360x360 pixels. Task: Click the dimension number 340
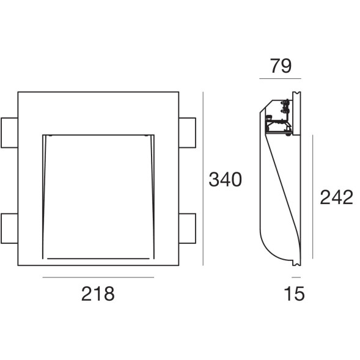[x=226, y=179]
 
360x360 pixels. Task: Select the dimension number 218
[x=98, y=293]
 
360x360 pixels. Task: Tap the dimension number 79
[x=281, y=66]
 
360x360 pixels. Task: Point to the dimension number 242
[x=336, y=197]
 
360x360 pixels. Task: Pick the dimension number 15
[x=294, y=293]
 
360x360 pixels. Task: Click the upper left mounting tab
[x=9, y=133]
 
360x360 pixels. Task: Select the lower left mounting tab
[x=9, y=228]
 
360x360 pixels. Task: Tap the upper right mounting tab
[x=188, y=133]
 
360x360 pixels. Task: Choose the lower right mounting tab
[x=188, y=228]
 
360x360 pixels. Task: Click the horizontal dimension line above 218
[x=98, y=277]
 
